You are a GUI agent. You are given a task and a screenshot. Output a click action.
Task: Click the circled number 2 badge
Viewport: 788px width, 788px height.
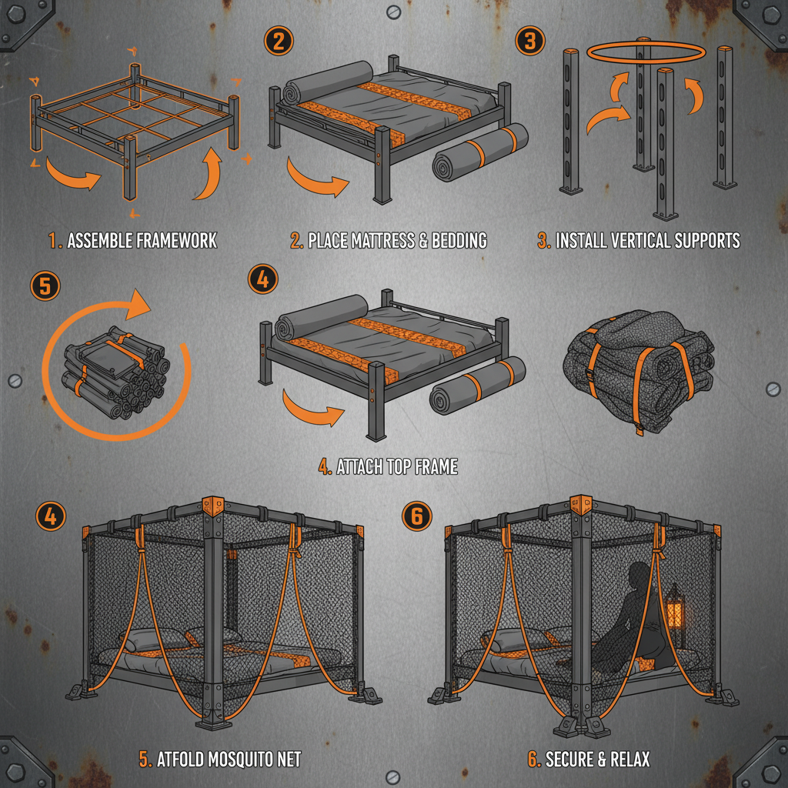(278, 40)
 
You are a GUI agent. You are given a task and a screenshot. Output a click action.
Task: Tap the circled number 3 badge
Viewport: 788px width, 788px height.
(529, 40)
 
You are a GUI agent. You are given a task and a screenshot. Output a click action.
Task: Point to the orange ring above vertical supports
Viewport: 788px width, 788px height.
(645, 52)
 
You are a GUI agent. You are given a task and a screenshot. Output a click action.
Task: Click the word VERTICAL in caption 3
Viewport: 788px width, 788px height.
(639, 240)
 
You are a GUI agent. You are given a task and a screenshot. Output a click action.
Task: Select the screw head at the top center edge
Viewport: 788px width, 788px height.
(393, 11)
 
